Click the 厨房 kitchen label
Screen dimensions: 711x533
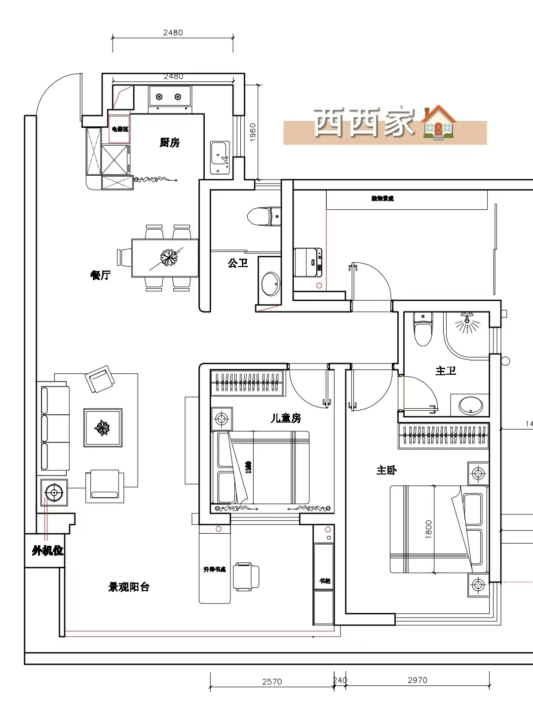pyautogui.click(x=169, y=143)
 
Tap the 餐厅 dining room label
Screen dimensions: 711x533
pyautogui.click(x=100, y=275)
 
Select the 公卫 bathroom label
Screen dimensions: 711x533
pyautogui.click(x=238, y=263)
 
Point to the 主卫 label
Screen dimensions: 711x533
pyautogui.click(x=446, y=370)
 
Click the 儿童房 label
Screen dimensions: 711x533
pyautogui.click(x=286, y=418)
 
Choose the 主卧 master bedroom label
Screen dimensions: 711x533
pyautogui.click(x=386, y=470)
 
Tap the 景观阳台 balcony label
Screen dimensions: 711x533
pyautogui.click(x=129, y=587)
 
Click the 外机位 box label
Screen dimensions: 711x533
pyautogui.click(x=47, y=551)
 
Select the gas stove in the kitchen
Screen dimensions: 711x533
pyautogui.click(x=169, y=96)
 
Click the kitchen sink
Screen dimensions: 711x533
pyautogui.click(x=220, y=158)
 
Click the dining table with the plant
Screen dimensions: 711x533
pyautogui.click(x=165, y=258)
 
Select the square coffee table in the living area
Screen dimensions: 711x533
pyautogui.click(x=103, y=428)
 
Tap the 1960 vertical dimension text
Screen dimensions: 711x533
pyautogui.click(x=253, y=132)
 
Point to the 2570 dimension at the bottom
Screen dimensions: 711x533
pyautogui.click(x=271, y=681)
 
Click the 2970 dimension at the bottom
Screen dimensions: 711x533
pyautogui.click(x=417, y=680)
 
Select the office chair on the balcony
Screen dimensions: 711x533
pyautogui.click(x=246, y=576)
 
